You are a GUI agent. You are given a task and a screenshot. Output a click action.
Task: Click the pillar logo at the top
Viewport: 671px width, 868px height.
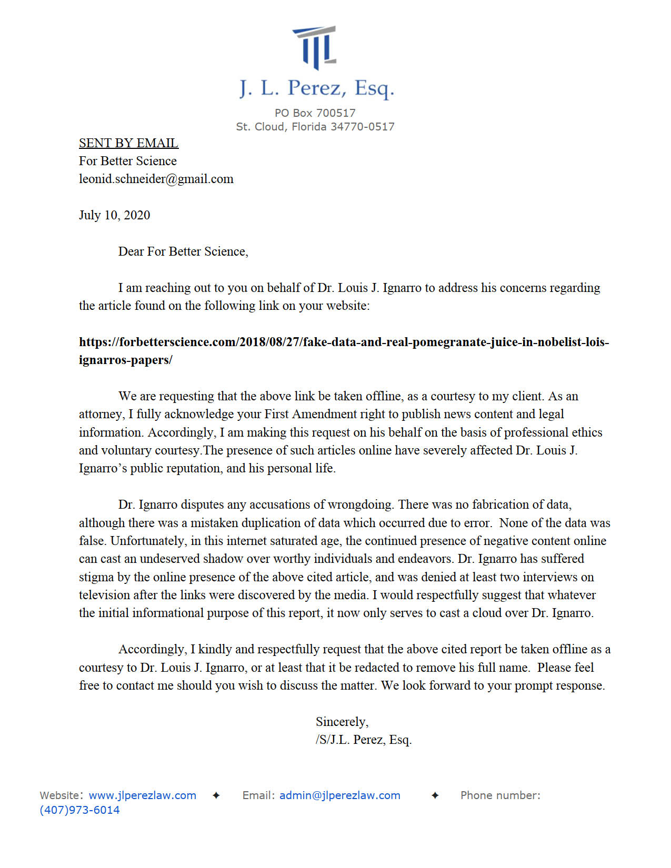click(315, 47)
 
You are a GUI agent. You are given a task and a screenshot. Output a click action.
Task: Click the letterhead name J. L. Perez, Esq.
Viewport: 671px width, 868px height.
click(316, 88)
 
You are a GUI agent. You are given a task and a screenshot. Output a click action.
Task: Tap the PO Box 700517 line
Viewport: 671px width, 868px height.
click(315, 113)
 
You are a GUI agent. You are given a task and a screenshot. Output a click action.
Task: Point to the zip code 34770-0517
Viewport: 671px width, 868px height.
click(362, 127)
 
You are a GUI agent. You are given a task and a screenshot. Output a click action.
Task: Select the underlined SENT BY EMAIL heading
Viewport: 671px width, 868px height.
click(128, 143)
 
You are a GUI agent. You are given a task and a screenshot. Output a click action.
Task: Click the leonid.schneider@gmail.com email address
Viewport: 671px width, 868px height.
click(156, 179)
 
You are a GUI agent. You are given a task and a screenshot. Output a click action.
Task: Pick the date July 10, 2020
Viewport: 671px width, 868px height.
click(114, 215)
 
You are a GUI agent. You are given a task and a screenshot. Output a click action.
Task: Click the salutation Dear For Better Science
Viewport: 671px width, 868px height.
click(183, 251)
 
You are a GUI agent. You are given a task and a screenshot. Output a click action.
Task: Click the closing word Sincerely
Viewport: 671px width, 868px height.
click(342, 722)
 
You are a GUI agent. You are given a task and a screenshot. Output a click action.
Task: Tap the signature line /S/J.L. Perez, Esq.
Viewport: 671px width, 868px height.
click(363, 740)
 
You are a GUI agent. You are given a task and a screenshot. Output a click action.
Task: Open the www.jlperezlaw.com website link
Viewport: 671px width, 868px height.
click(142, 795)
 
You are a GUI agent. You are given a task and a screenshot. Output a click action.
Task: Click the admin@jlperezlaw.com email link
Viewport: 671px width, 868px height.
click(339, 795)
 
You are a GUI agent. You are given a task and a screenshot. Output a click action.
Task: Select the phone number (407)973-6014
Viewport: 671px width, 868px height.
click(79, 810)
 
